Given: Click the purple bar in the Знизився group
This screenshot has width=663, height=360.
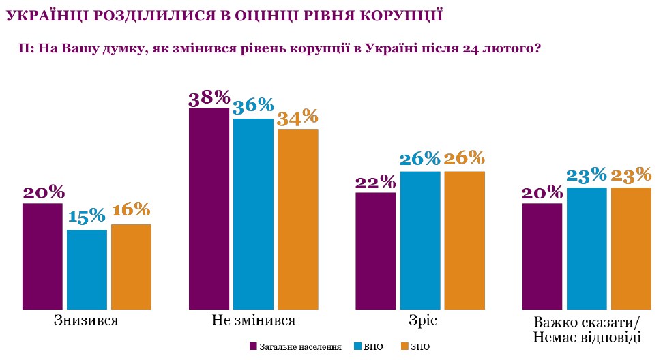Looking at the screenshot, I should tap(42, 256).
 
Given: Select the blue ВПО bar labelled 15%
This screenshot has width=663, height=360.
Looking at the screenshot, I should tap(87, 269).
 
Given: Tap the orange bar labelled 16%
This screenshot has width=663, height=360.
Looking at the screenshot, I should tap(131, 267).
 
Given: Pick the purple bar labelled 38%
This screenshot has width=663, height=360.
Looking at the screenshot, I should tap(209, 209).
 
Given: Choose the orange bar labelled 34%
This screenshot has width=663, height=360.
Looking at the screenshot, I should tap(297, 219).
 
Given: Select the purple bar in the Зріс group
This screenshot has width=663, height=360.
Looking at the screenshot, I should tap(375, 251).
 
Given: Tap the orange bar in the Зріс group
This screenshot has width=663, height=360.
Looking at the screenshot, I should tap(464, 241).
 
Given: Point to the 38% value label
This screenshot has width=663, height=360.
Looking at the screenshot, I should tap(209, 97).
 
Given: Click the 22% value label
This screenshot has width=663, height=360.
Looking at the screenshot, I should tap(375, 182).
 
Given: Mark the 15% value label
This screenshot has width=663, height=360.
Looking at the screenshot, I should tap(87, 217).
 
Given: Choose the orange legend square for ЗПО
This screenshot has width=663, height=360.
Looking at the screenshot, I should tap(404, 346).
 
